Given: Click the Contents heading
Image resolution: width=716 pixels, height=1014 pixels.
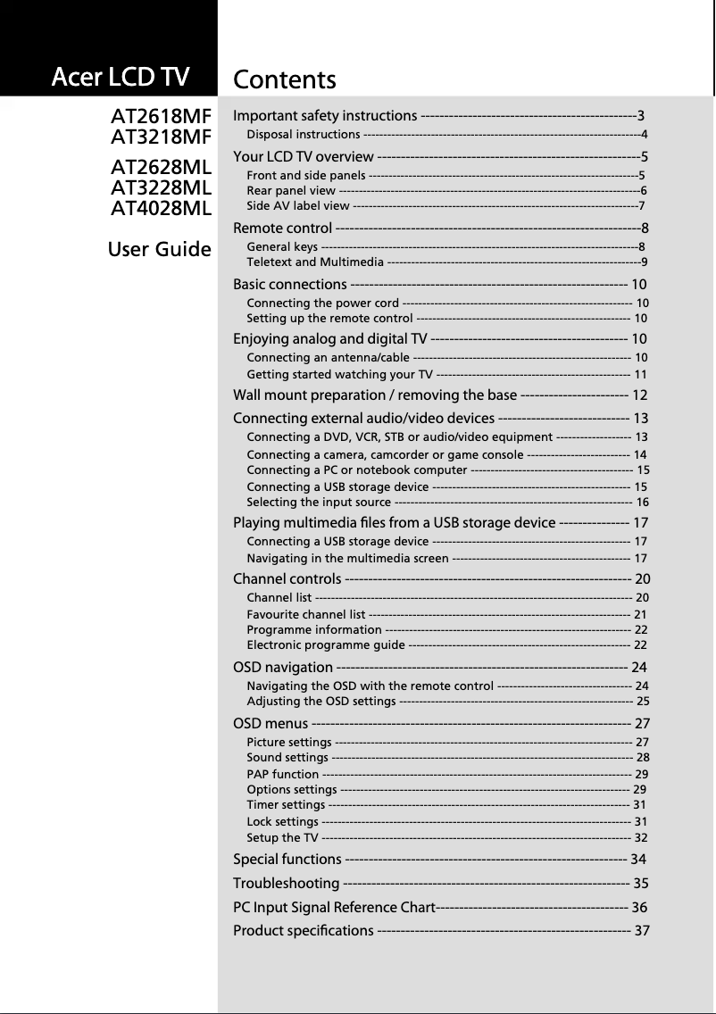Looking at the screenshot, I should click(x=285, y=80).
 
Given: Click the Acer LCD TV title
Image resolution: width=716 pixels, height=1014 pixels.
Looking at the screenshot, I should click(x=121, y=78).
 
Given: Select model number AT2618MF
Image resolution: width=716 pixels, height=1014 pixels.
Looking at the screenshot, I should click(x=161, y=117).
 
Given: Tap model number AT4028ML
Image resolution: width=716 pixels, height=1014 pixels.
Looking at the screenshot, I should click(x=161, y=209).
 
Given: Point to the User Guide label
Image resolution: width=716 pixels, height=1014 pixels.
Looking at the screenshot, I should click(x=159, y=249).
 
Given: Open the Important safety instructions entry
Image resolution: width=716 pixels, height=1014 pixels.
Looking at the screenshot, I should click(x=325, y=116).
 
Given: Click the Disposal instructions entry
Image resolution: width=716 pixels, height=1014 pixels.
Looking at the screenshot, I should click(x=304, y=135).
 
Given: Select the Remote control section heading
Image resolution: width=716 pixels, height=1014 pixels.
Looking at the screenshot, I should click(x=283, y=228).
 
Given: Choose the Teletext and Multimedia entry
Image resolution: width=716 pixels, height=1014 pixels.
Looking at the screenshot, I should click(x=315, y=262).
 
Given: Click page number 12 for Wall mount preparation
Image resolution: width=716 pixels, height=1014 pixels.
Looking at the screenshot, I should click(x=639, y=395).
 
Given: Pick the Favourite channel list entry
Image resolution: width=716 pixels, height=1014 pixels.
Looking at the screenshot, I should click(x=305, y=614).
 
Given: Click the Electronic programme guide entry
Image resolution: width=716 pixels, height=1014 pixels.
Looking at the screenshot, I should click(x=326, y=644).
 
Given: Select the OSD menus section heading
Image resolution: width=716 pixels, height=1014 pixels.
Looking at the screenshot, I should click(x=271, y=723).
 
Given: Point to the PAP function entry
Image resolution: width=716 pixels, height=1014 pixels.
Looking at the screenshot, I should click(x=282, y=774).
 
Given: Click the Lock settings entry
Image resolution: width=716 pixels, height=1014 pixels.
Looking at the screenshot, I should click(x=282, y=821).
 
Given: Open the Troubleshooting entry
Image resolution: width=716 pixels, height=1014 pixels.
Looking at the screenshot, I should click(x=286, y=884).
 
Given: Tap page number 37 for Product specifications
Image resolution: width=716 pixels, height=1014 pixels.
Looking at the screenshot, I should click(x=640, y=932).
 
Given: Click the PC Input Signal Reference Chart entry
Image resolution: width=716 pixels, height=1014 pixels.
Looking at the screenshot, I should click(x=334, y=908).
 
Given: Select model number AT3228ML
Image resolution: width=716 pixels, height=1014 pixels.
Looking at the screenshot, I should click(x=161, y=188).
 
